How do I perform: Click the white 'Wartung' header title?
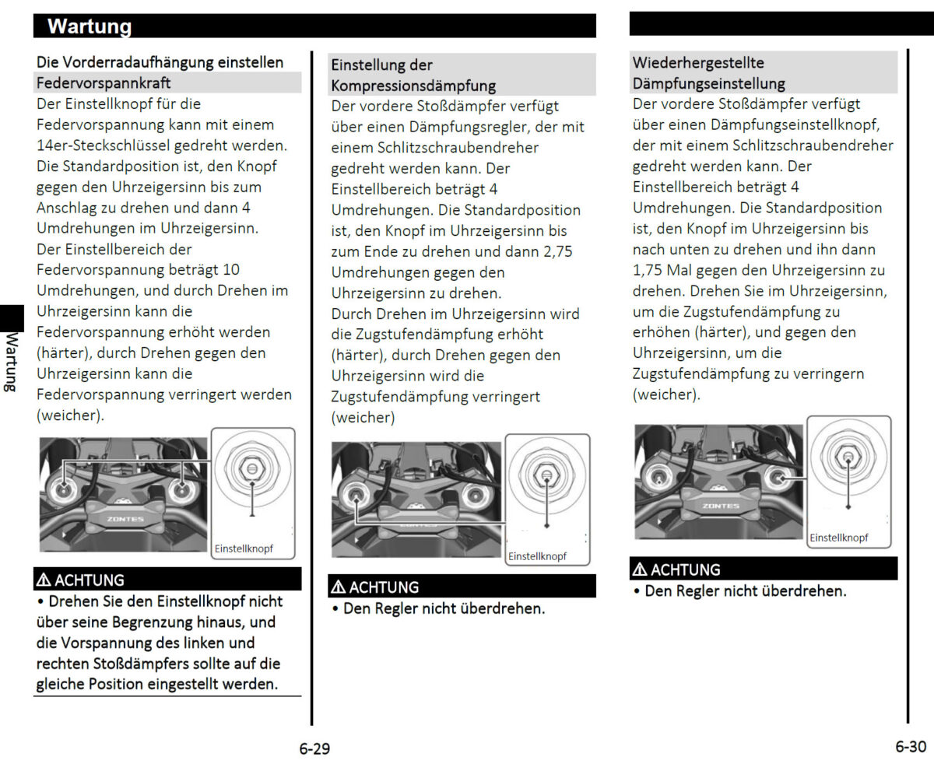90,26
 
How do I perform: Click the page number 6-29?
314,749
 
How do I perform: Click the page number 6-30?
910,747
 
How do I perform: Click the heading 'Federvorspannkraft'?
104,82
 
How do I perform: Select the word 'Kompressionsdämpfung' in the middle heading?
413,86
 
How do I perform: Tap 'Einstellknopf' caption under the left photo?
244,549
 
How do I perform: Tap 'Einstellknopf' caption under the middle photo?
537,556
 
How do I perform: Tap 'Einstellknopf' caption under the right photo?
838,538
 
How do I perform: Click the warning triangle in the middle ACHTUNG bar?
338,587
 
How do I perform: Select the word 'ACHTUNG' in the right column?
685,569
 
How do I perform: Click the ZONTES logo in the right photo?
721,506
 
